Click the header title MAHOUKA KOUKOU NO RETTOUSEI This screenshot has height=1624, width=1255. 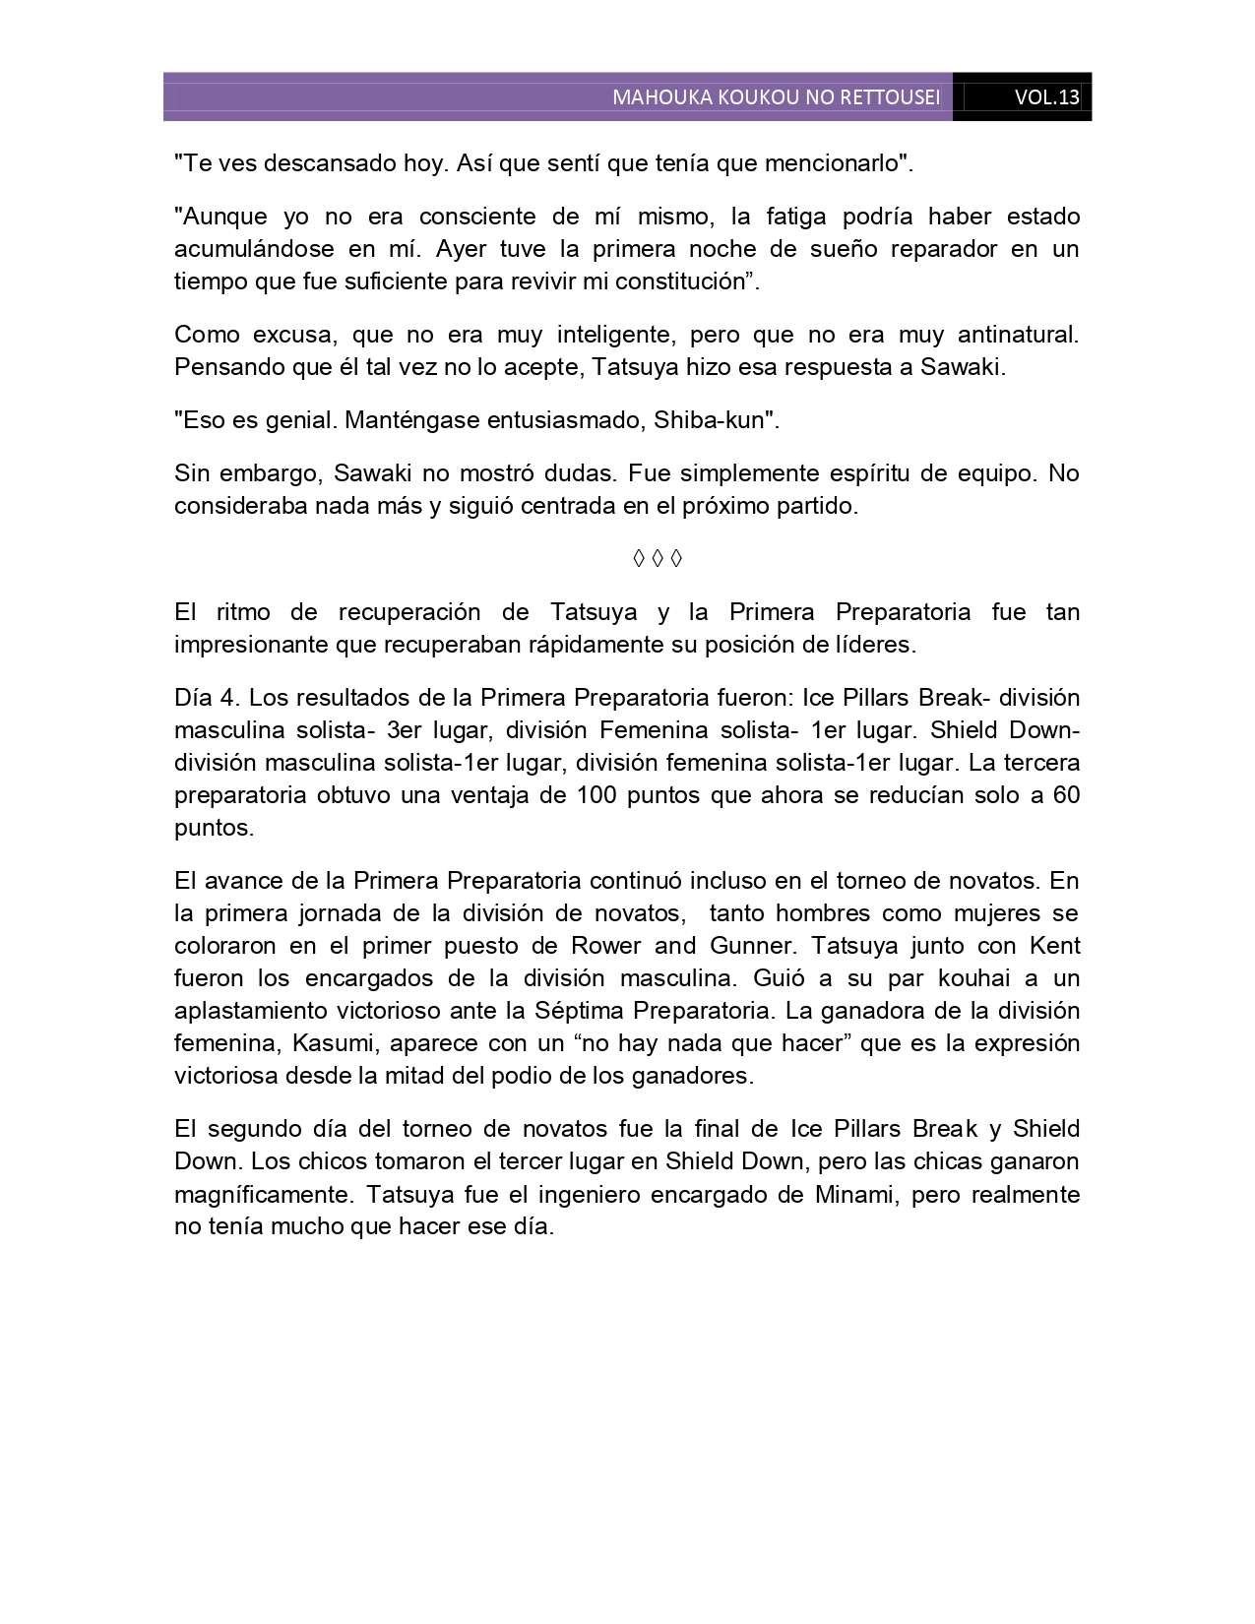coord(776,98)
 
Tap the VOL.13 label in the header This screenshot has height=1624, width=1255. coord(1046,98)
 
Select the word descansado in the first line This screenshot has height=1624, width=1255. coord(316,163)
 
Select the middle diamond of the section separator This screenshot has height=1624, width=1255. coord(657,559)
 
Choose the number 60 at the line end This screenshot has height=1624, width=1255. coord(1066,795)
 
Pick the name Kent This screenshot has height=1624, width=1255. coord(1054,946)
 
